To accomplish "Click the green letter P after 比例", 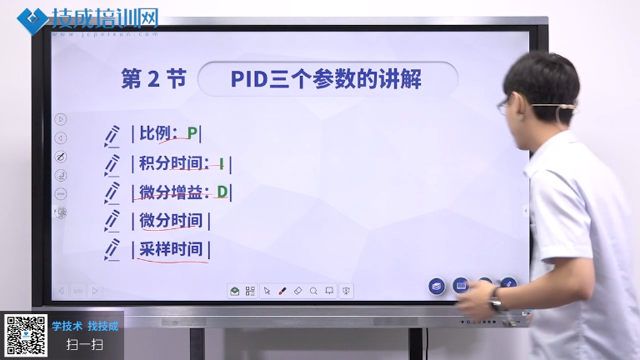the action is pyautogui.click(x=192, y=133).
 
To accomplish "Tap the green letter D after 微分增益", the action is pyautogui.click(x=222, y=192).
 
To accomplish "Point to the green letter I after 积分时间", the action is pyautogui.click(x=221, y=163).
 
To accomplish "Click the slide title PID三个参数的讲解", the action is pyautogui.click(x=326, y=79).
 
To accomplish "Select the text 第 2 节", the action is pyautogui.click(x=153, y=79).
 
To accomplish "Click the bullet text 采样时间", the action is pyautogui.click(x=171, y=249).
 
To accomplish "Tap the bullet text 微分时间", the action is pyautogui.click(x=171, y=220).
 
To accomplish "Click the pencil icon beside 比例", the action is pyautogui.click(x=112, y=136).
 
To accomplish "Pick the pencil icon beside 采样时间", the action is pyautogui.click(x=112, y=249).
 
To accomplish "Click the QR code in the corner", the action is pyautogui.click(x=25, y=336).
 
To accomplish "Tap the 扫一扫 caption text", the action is pyautogui.click(x=85, y=345).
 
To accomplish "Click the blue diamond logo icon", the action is pyautogui.click(x=32, y=20).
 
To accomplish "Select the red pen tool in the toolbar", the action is pyautogui.click(x=282, y=291).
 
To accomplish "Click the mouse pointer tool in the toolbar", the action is pyautogui.click(x=267, y=291).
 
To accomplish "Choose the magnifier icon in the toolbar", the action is pyautogui.click(x=313, y=291).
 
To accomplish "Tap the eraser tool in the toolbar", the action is pyautogui.click(x=298, y=291).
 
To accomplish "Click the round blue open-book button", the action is pyautogui.click(x=461, y=286).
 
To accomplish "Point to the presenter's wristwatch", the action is pyautogui.click(x=497, y=299).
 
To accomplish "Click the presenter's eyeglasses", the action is pyautogui.click(x=505, y=106).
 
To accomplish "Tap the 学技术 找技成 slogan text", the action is pyautogui.click(x=85, y=326).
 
